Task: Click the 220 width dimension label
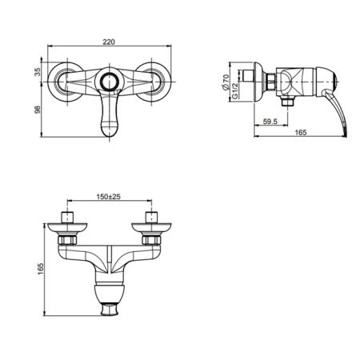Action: (109, 42)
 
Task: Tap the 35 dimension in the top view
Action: (38, 71)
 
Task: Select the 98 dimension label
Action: (38, 109)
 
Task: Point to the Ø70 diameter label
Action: (226, 82)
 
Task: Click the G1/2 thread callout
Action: (234, 90)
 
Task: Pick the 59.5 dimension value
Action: (270, 122)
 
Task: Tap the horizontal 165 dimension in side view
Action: (301, 132)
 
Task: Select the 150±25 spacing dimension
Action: (108, 197)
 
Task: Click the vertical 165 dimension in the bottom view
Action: (40, 269)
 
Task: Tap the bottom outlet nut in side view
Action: (287, 102)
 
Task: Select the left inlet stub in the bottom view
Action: (67, 218)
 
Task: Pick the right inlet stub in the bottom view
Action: (151, 218)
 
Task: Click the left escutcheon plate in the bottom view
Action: (67, 229)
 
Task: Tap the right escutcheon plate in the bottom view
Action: (151, 229)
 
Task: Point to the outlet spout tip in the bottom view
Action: (110, 310)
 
